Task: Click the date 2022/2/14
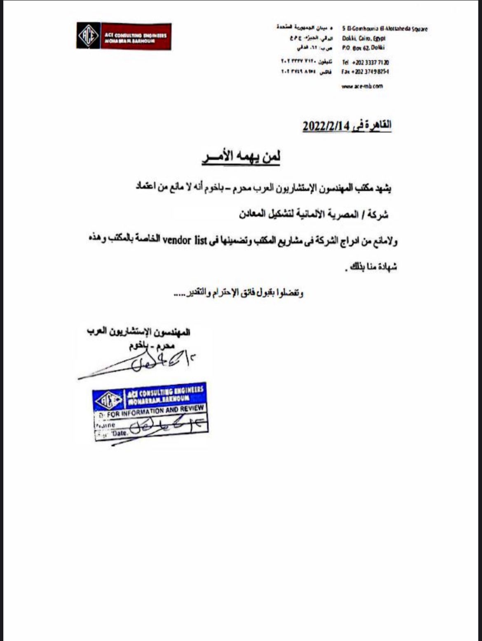325,126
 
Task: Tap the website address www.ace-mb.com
362,86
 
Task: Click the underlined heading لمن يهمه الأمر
241,157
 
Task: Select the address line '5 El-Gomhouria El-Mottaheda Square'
384,29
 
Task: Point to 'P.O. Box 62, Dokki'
363,48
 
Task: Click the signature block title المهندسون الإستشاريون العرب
138,332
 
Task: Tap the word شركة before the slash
379,215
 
